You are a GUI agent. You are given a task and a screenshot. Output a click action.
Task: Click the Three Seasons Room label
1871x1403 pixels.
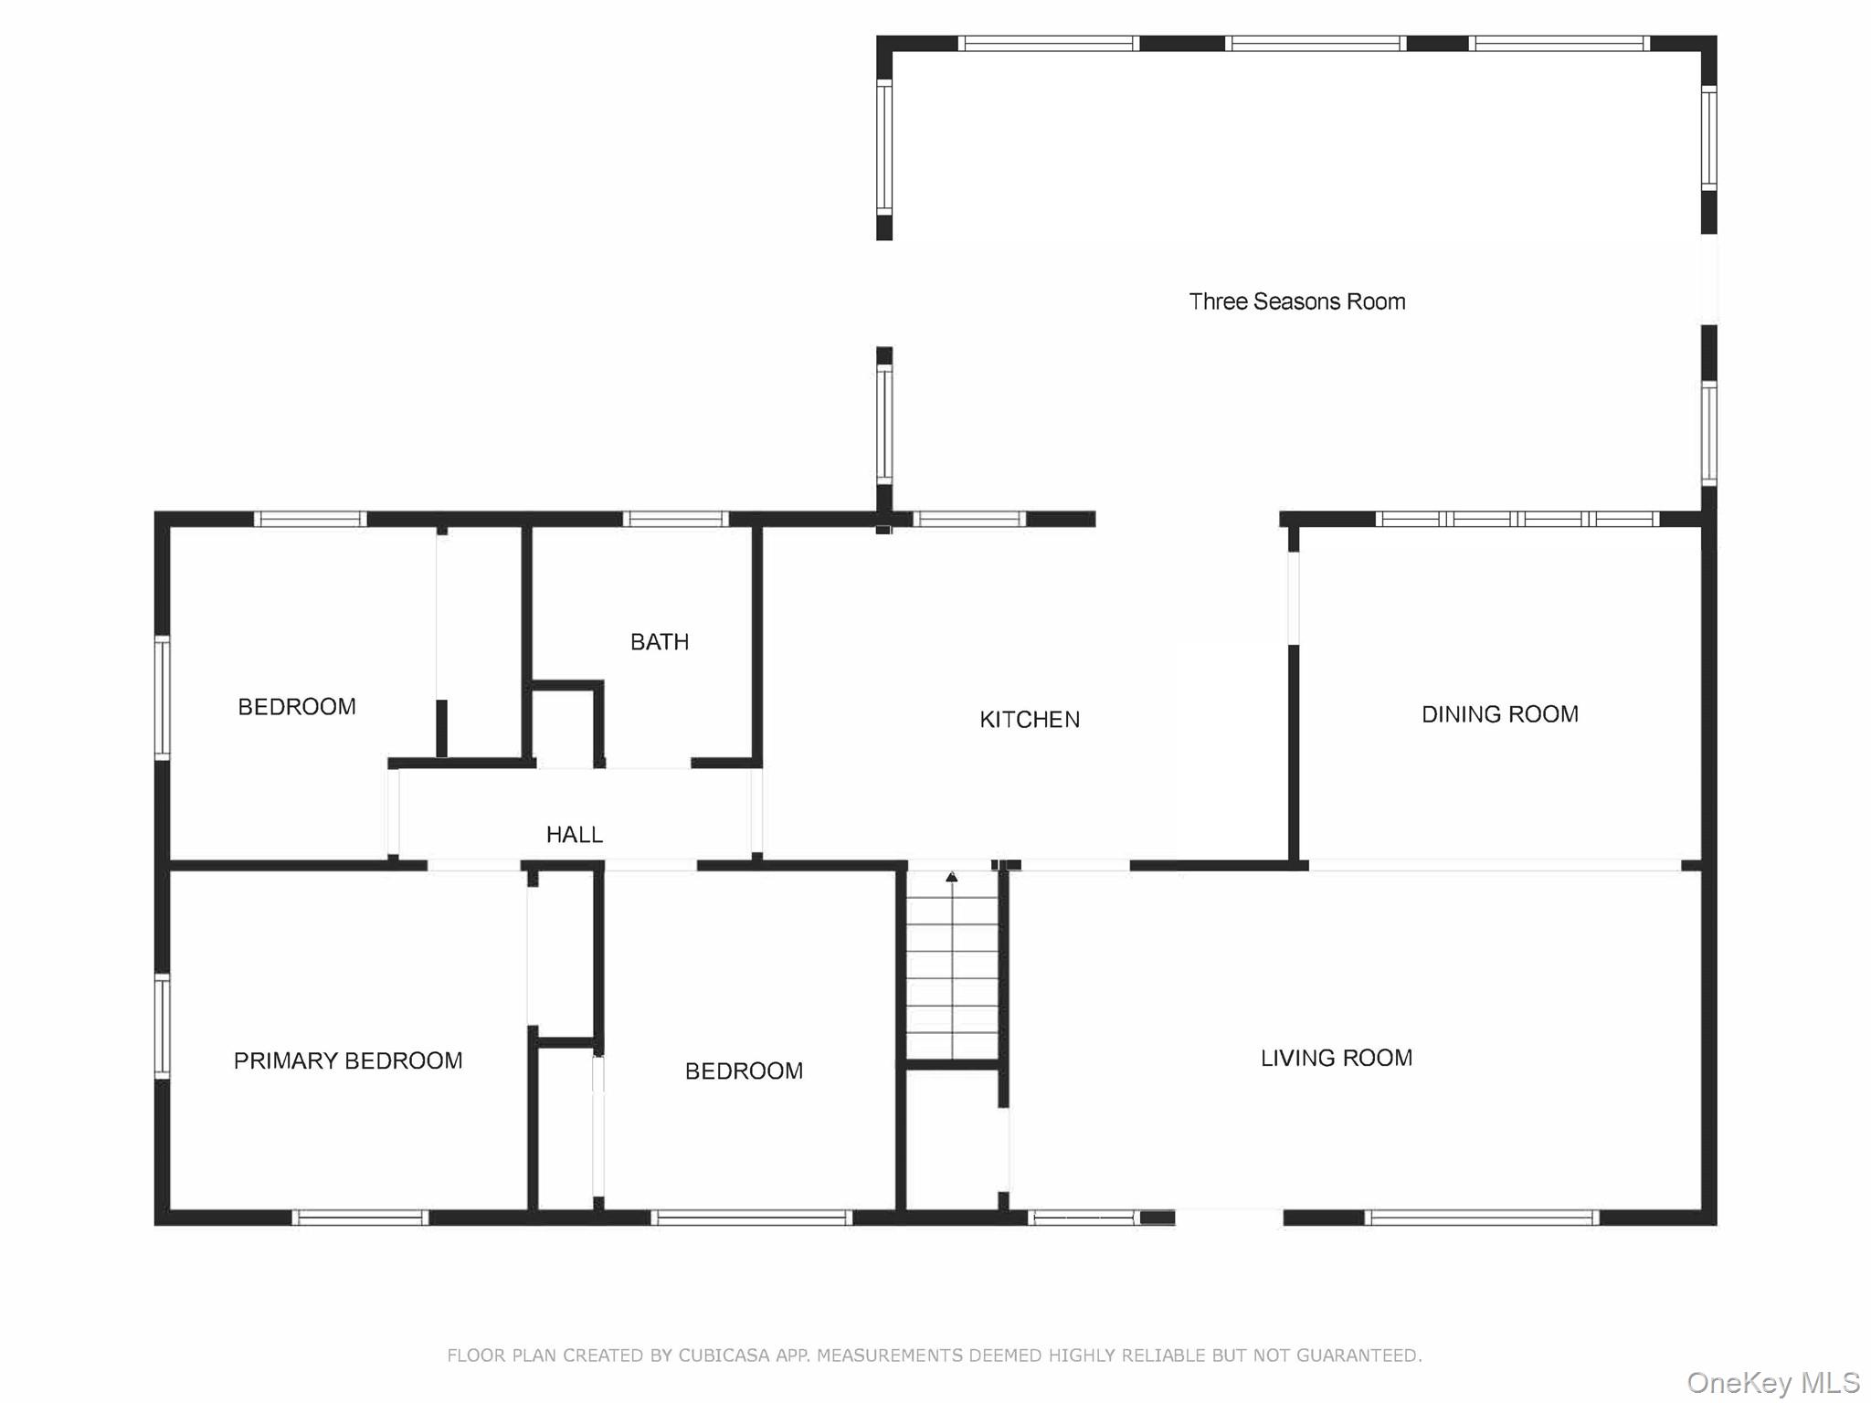pyautogui.click(x=1296, y=301)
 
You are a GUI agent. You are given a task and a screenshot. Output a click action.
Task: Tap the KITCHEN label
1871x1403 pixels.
pyautogui.click(x=1029, y=720)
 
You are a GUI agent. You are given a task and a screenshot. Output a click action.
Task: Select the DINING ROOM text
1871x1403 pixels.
pyautogui.click(x=1499, y=714)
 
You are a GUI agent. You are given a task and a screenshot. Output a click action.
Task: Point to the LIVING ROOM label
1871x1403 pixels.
pyautogui.click(x=1336, y=1058)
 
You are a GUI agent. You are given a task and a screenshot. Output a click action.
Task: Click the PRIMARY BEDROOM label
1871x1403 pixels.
pyautogui.click(x=347, y=1060)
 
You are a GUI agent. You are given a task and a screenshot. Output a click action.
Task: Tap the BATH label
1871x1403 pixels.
pyautogui.click(x=659, y=642)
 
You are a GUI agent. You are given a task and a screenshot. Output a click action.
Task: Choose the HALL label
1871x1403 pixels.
pyautogui.click(x=574, y=834)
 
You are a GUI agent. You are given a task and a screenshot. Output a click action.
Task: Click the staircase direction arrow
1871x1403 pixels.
pyautogui.click(x=951, y=877)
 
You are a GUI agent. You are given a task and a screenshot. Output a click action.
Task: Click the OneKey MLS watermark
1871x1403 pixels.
pyautogui.click(x=1772, y=1382)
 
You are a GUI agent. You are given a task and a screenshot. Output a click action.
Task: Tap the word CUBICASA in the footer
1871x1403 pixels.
pyautogui.click(x=724, y=1356)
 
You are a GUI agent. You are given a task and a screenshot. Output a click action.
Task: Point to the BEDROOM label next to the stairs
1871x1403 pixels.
pyautogui.click(x=744, y=1071)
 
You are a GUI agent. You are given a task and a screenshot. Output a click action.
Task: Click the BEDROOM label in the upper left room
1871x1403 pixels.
pyautogui.click(x=296, y=706)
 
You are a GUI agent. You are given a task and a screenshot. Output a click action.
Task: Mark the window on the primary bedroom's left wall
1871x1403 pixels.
pyautogui.click(x=162, y=1025)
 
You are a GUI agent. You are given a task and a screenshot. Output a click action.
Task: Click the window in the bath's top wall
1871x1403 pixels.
pyautogui.click(x=675, y=519)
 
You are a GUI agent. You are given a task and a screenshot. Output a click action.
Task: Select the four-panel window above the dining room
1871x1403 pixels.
pyautogui.click(x=1517, y=519)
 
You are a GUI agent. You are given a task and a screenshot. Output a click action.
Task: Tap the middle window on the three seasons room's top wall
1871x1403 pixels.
pyautogui.click(x=1315, y=43)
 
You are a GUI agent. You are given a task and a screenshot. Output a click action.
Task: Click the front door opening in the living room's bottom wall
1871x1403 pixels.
pyautogui.click(x=1229, y=1217)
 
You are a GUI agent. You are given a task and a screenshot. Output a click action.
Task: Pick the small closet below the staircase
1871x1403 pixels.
pyautogui.click(x=951, y=1137)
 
